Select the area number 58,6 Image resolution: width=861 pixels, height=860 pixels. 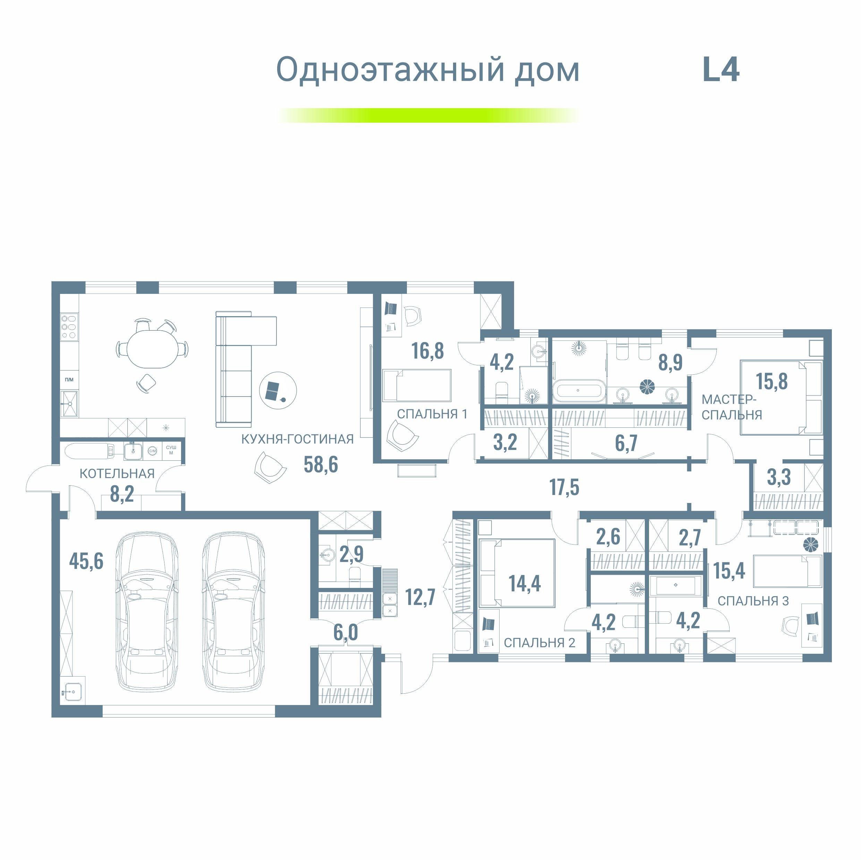point(321,464)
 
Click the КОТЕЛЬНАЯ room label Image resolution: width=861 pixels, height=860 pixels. point(117,474)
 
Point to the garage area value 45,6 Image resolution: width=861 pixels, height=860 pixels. point(86,561)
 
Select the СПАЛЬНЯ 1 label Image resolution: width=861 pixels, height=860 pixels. point(432,414)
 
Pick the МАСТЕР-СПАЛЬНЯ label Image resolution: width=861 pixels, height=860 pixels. point(731,407)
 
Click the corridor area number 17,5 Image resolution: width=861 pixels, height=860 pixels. point(564,487)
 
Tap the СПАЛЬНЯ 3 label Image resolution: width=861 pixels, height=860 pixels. point(753,601)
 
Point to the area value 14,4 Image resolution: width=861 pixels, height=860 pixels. point(525,583)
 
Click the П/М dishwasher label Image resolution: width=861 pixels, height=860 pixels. point(69,380)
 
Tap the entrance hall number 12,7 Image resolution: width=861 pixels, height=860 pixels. point(420,597)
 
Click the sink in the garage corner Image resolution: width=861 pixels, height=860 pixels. point(72,692)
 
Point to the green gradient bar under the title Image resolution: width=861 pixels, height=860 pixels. point(428,115)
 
